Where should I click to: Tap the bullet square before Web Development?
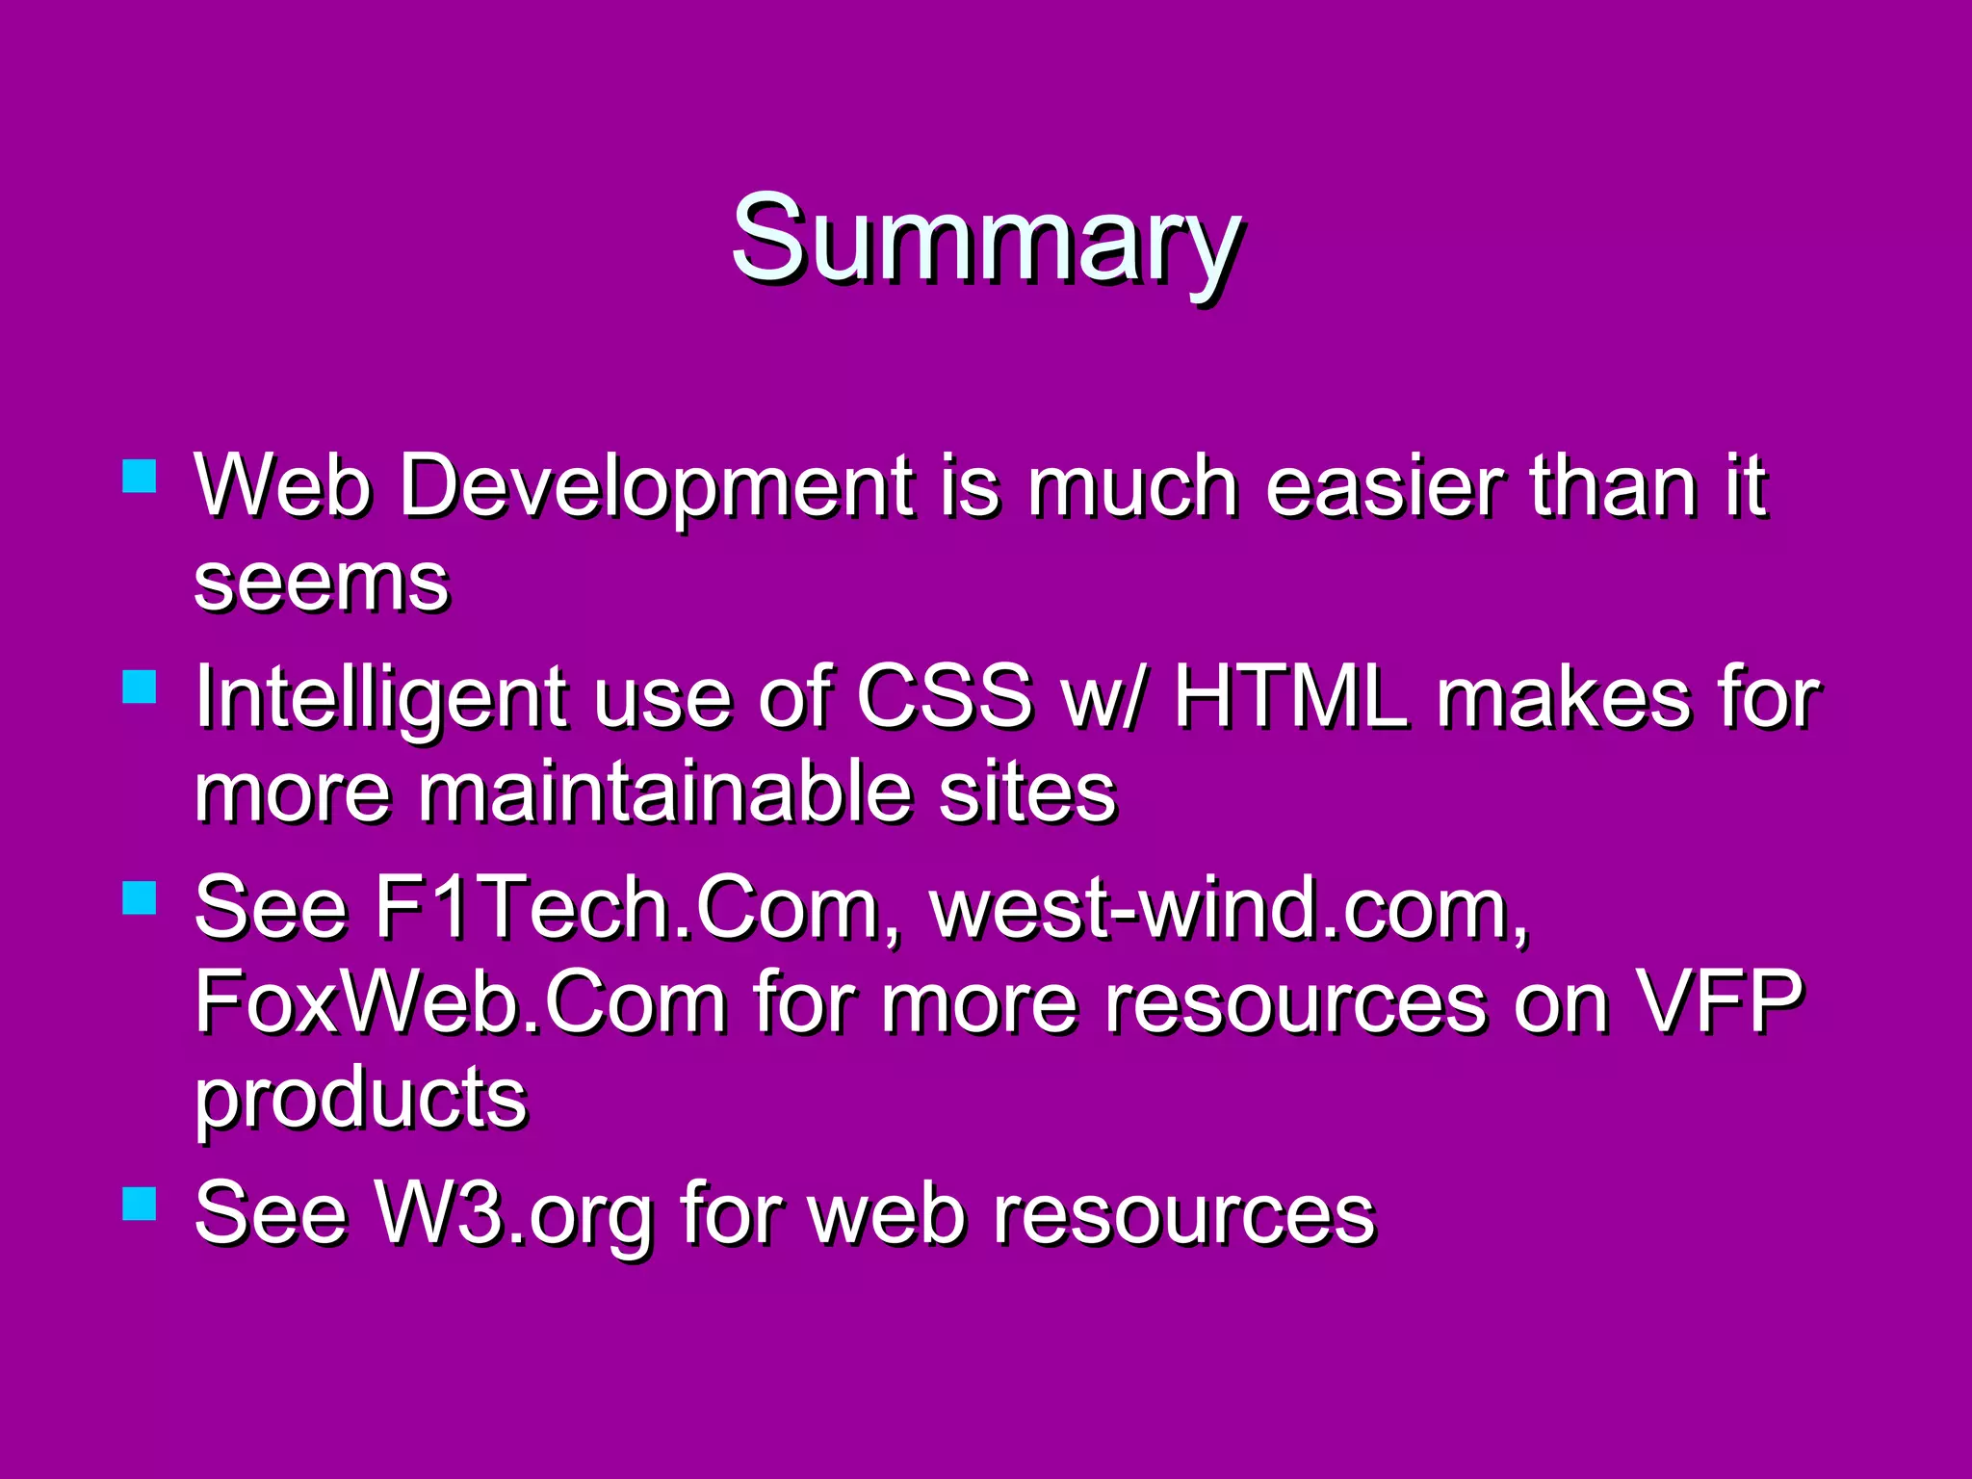[x=140, y=476]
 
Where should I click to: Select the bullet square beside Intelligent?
[x=140, y=687]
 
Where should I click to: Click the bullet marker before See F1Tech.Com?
[x=140, y=897]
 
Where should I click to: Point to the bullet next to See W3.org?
[x=140, y=1204]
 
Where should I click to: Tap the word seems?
[x=322, y=583]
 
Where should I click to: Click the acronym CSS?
[x=945, y=695]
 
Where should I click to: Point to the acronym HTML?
[x=1290, y=695]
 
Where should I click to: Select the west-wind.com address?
[x=1229, y=908]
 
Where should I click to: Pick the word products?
[x=361, y=1100]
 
